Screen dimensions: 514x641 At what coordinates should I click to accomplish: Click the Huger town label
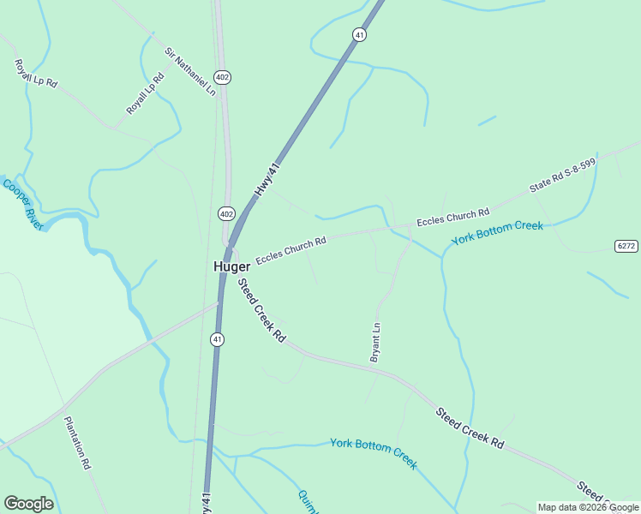coord(231,266)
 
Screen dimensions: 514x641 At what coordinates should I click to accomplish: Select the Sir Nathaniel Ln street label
coord(190,71)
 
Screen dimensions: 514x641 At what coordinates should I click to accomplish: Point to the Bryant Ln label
coord(375,343)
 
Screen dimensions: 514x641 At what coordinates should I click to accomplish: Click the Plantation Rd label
coord(77,442)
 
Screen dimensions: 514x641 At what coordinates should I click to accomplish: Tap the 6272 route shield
coord(626,246)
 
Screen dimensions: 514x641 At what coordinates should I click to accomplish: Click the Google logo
coord(28,504)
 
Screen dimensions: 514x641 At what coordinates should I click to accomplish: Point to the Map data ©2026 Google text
coord(587,507)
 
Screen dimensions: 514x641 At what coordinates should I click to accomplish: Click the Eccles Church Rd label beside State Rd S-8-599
coord(452,217)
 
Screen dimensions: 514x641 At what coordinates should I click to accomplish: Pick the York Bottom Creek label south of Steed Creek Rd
coord(374,454)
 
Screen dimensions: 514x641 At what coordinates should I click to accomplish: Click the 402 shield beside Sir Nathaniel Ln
coord(223,77)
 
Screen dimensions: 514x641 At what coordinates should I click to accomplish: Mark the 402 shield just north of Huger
coord(226,213)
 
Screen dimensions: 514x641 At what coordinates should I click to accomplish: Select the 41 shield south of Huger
coord(218,339)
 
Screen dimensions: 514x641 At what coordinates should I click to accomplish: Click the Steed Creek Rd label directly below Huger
coord(261,311)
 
